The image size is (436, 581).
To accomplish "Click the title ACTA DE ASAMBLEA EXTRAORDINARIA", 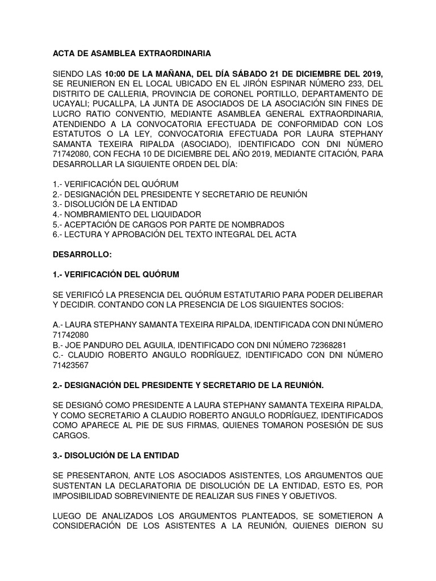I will [132, 54].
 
